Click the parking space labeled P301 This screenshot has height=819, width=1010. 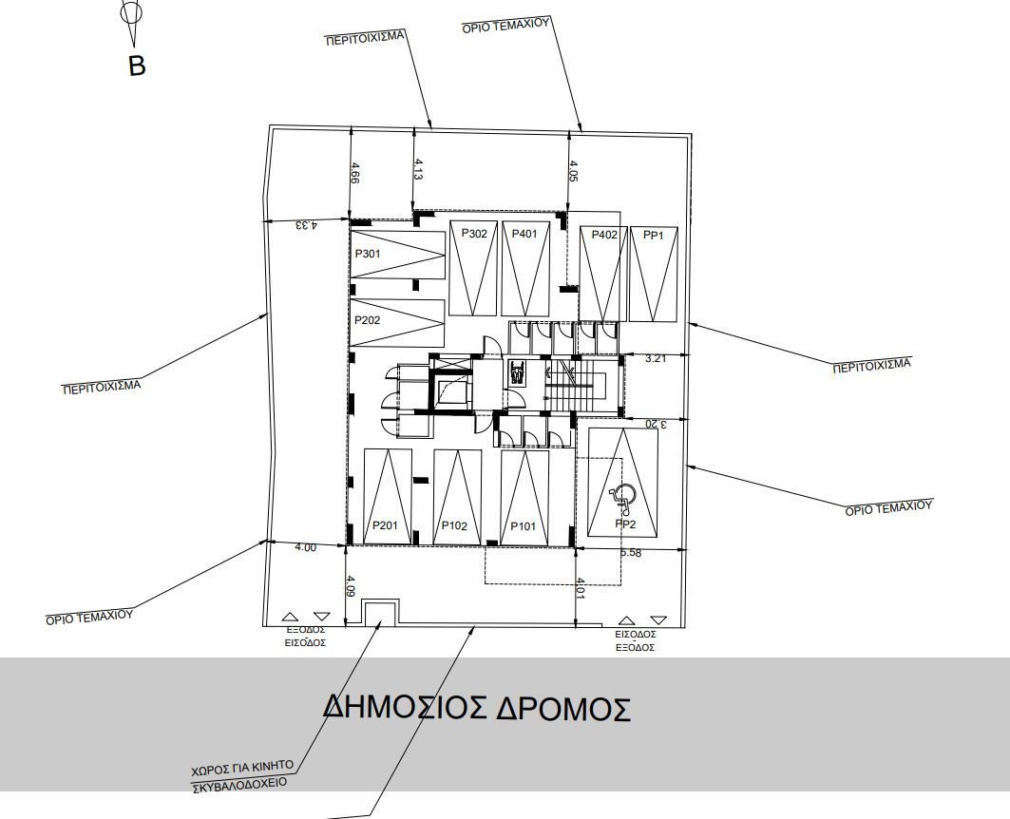click(x=397, y=255)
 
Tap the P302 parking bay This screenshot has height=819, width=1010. click(x=473, y=269)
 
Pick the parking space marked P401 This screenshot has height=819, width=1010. click(x=524, y=269)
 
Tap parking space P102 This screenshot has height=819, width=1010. click(x=456, y=497)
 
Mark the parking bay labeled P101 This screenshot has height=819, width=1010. click(x=524, y=497)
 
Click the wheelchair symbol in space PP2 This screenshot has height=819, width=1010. click(x=623, y=494)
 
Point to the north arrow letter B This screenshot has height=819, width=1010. click(x=137, y=67)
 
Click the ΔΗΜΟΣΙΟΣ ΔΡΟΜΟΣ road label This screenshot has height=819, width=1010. click(x=476, y=708)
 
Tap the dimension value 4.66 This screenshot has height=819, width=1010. click(x=354, y=176)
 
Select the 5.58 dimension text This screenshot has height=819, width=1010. click(x=630, y=553)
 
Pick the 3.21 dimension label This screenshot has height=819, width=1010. click(x=656, y=359)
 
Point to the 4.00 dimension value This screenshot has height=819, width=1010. click(x=305, y=547)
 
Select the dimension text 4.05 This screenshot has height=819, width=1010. click(x=573, y=171)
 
